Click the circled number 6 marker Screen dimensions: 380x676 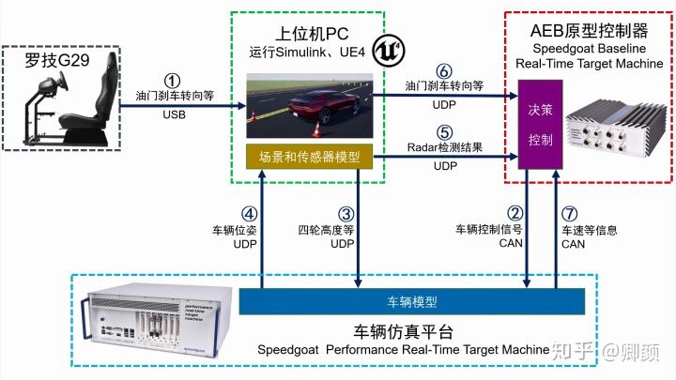click(444, 70)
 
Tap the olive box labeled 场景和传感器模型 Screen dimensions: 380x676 click(310, 156)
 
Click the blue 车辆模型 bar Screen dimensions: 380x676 click(411, 301)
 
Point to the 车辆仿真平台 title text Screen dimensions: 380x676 click(403, 331)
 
